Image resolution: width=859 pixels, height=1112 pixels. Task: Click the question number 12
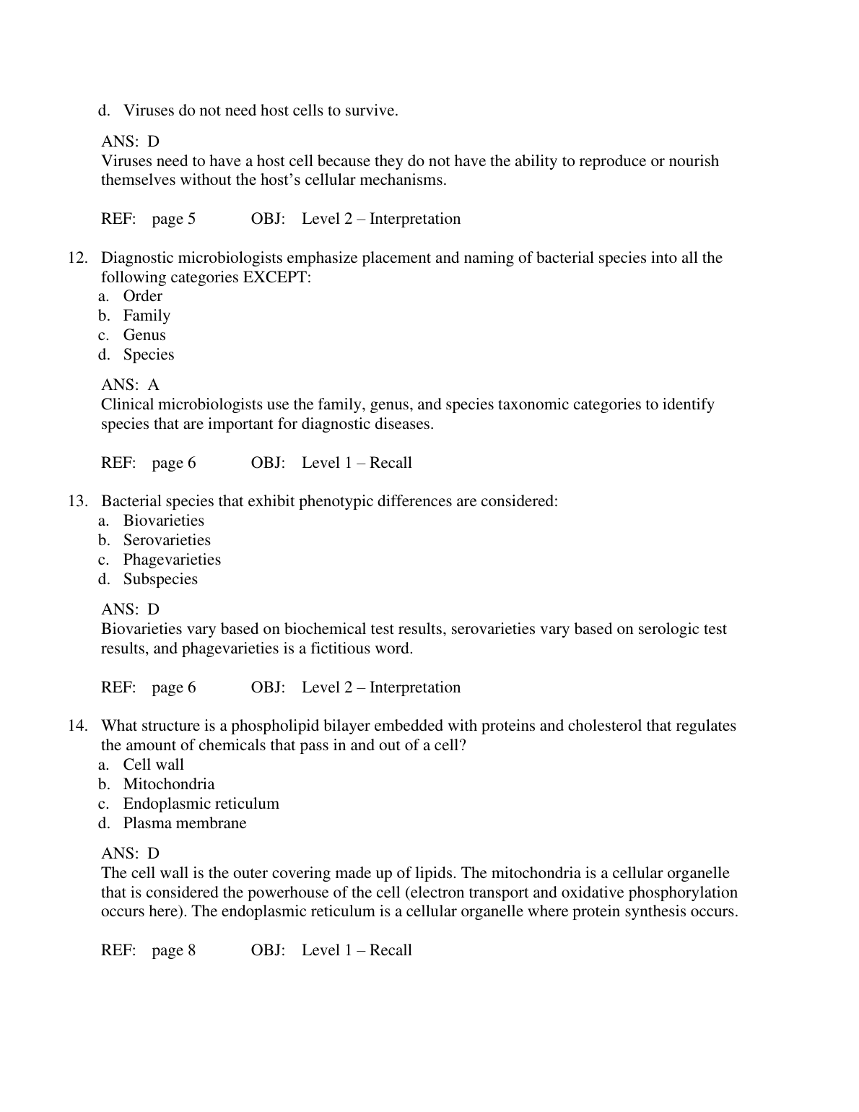[77, 258]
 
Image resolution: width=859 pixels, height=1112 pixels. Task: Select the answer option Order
[142, 296]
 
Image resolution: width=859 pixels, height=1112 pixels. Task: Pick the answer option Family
[147, 316]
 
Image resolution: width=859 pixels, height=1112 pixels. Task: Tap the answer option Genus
[144, 335]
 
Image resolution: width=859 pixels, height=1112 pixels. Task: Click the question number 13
[77, 501]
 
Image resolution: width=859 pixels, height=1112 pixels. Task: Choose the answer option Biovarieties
[163, 521]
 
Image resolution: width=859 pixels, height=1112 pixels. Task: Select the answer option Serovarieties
[167, 540]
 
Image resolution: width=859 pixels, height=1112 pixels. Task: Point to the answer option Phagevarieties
[172, 560]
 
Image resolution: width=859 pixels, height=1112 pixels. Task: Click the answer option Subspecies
[160, 579]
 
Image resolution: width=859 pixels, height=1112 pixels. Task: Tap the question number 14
[77, 726]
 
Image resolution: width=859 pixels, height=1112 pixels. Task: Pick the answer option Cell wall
[153, 765]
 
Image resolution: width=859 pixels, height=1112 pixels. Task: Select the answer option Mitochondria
[169, 784]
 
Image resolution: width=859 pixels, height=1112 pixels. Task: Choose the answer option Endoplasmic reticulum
[201, 804]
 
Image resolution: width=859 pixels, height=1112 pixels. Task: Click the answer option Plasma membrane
[185, 823]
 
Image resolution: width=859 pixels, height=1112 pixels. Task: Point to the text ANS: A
[130, 385]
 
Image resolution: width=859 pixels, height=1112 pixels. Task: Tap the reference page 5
[173, 219]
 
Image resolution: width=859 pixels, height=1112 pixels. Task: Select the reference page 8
[173, 950]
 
